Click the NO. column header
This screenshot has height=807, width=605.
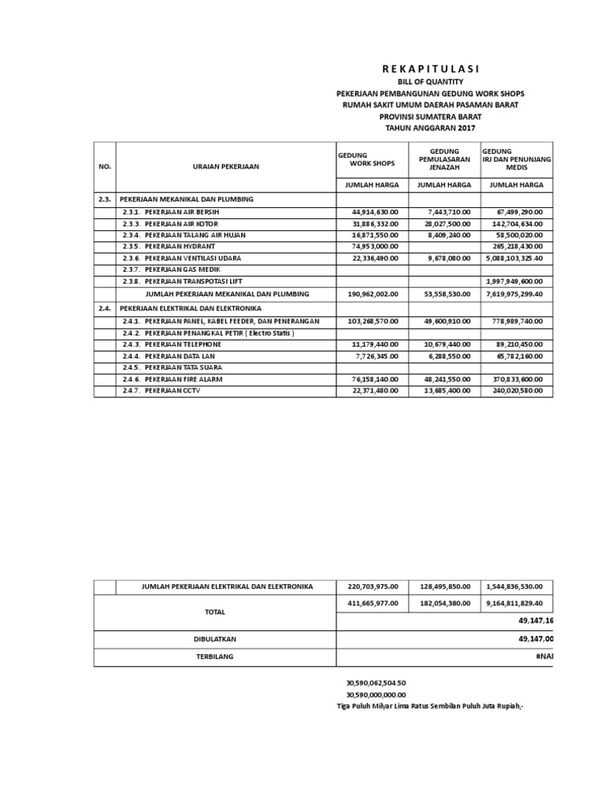coord(105,166)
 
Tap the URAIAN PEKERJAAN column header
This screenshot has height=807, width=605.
coord(225,166)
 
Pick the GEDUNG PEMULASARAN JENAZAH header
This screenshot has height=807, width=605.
coord(444,159)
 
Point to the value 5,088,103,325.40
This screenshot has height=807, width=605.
coord(517,258)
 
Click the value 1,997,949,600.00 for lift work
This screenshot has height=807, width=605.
coord(517,281)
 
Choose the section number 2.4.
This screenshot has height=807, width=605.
coord(105,308)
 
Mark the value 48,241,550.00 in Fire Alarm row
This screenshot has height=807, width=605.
coord(444,379)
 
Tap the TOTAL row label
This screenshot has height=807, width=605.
coord(214,612)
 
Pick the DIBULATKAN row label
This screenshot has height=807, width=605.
coord(214,639)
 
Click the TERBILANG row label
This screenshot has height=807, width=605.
coord(214,656)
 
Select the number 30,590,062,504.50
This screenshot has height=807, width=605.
coord(376,682)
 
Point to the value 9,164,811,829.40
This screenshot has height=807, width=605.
coord(517,603)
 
